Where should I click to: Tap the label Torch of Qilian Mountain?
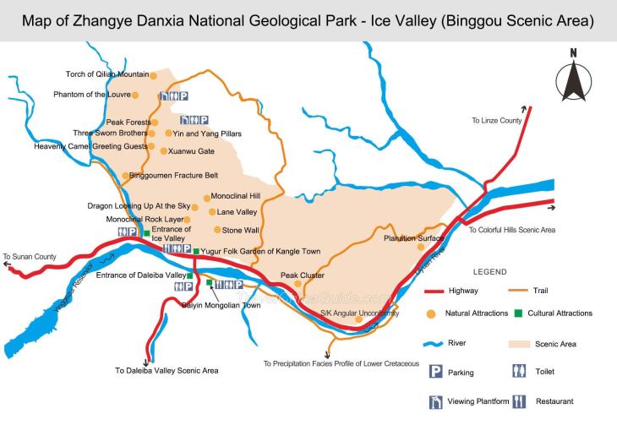click(107, 74)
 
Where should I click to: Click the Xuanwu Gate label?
click(192, 151)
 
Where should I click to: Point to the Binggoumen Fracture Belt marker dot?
click(125, 176)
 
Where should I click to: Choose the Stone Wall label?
click(241, 229)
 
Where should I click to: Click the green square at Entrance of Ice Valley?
click(146, 233)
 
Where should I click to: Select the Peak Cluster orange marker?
click(298, 284)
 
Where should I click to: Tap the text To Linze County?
click(496, 121)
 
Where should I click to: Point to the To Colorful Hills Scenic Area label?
click(512, 230)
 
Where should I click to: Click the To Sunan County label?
click(30, 256)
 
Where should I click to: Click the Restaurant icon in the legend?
click(519, 401)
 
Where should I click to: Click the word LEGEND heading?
click(489, 272)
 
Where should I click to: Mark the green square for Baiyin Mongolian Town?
click(209, 282)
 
